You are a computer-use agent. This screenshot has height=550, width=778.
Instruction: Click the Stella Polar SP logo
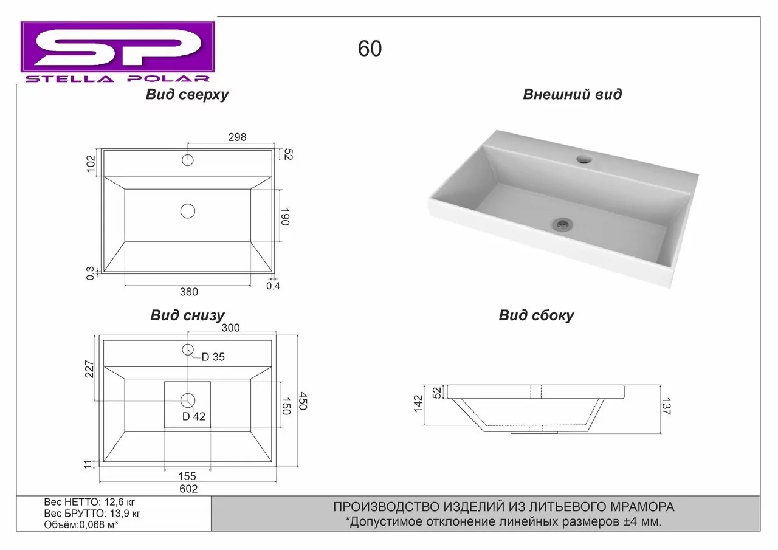click(118, 52)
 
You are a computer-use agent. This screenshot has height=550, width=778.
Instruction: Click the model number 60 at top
click(370, 49)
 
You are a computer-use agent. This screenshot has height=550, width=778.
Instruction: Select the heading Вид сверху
click(187, 95)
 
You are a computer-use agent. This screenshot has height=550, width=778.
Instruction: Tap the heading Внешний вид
click(573, 94)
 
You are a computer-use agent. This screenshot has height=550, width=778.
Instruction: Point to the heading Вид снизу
click(188, 315)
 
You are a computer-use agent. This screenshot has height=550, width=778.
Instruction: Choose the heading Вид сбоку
click(536, 315)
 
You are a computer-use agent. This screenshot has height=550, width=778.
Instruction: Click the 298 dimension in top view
click(237, 137)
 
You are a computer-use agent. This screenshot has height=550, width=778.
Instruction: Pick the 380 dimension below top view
click(188, 292)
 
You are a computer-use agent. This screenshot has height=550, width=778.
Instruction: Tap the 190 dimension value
click(285, 217)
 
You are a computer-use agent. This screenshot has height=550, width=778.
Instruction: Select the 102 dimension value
click(91, 163)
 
